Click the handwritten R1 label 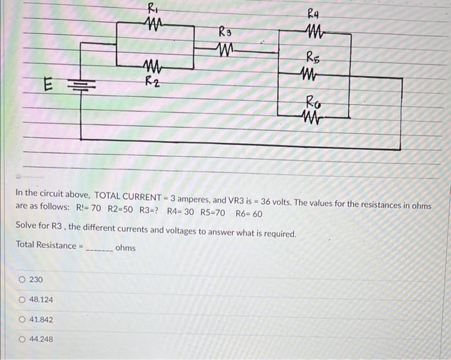[152, 8]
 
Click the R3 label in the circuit [225, 32]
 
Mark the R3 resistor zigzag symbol [225, 48]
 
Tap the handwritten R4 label [314, 12]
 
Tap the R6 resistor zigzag [313, 117]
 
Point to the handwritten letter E [47, 83]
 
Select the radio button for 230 [23, 279]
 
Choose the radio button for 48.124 [23, 299]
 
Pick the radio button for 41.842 [23, 319]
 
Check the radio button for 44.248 [23, 339]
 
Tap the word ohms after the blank [125, 247]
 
